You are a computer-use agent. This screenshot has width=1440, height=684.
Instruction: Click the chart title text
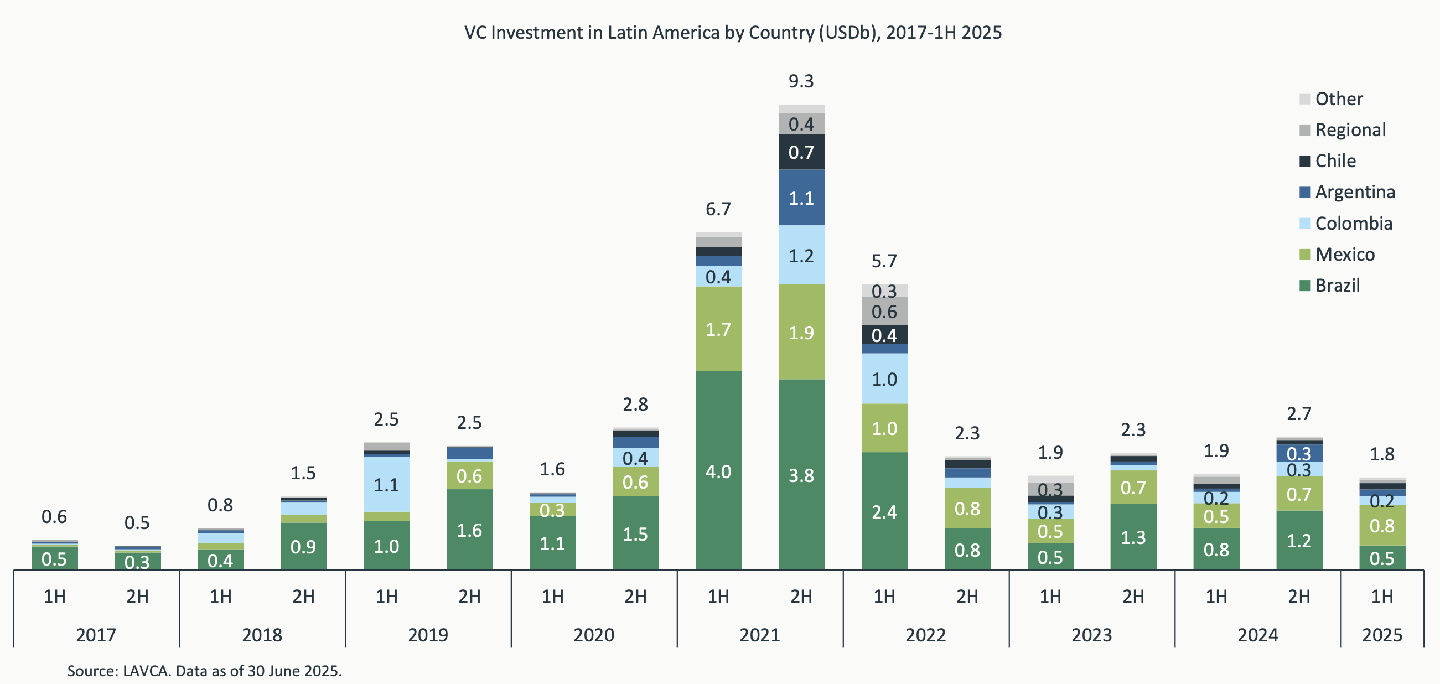coord(732,33)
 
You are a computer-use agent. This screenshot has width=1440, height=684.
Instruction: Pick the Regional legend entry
coord(1349,130)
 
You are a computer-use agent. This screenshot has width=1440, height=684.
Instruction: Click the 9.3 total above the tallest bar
coord(800,81)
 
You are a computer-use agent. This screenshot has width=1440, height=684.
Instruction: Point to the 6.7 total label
coord(718,209)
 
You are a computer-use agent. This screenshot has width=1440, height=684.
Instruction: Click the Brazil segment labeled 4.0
coord(718,471)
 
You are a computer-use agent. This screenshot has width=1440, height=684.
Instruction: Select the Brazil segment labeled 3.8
coord(801,475)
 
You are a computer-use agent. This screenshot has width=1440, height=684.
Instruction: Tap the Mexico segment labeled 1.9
coord(801,333)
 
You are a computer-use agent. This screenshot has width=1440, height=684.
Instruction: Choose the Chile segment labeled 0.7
coord(801,152)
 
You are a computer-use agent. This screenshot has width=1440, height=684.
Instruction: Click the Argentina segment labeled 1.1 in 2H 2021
coord(801,198)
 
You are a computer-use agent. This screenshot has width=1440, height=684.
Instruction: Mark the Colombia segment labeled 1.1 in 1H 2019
coord(386,485)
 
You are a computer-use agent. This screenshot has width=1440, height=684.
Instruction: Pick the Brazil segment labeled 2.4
coord(884,511)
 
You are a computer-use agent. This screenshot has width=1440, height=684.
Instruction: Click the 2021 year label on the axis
coord(759,635)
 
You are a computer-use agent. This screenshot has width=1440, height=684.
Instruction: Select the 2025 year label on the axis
coord(1382,635)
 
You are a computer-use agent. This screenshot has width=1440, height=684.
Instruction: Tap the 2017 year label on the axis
coord(96,635)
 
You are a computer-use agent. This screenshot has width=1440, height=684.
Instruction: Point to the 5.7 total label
coord(884,261)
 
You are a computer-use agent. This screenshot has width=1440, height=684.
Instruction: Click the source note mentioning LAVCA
coord(204,671)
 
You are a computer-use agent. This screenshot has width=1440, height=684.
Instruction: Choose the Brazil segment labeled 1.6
coord(469,530)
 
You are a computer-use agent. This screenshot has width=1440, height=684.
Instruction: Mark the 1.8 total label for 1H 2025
coord(1382,454)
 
